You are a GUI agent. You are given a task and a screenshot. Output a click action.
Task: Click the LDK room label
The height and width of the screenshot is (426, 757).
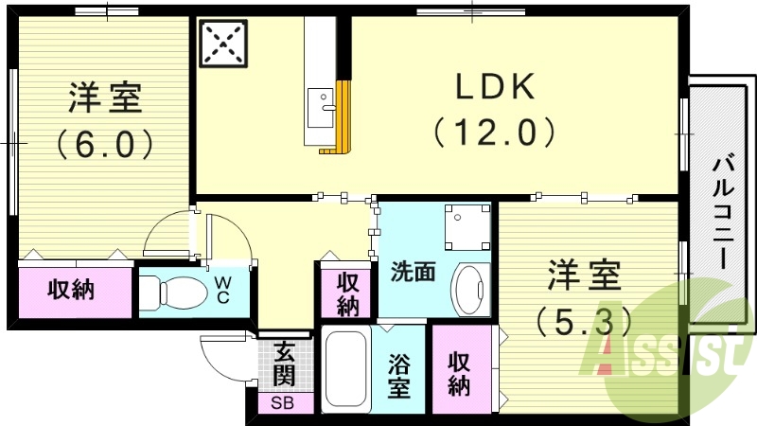[496, 88]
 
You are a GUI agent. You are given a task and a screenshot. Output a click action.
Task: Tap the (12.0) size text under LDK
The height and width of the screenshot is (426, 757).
[496, 131]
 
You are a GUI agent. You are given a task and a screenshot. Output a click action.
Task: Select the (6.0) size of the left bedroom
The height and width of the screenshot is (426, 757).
[104, 143]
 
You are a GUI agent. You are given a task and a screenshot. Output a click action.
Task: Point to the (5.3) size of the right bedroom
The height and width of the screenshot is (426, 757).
[583, 322]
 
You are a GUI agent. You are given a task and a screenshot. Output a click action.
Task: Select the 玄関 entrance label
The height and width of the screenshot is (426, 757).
[283, 364]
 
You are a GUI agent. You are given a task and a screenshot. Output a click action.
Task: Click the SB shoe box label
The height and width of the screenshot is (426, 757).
[282, 402]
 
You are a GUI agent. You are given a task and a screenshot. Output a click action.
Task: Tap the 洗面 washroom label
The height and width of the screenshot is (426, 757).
[413, 272]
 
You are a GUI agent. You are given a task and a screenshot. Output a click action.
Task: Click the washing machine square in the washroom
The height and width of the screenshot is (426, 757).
[466, 227]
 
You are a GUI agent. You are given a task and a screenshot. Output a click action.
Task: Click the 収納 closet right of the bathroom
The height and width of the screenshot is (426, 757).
[460, 373]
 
